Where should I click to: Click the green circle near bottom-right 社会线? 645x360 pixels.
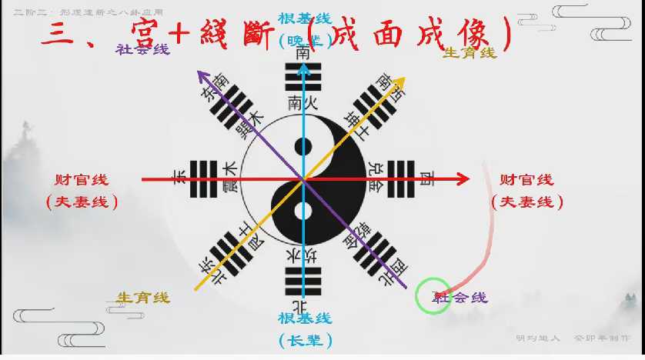432,297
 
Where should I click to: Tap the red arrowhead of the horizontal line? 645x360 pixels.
463,180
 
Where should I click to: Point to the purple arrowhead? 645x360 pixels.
202,74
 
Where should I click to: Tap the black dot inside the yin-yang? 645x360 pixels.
304,146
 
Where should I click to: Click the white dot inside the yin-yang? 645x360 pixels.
304,212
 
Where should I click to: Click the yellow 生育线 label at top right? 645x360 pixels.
471,52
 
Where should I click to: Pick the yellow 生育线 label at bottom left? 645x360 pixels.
143,298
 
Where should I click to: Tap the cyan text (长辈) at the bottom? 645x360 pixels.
305,338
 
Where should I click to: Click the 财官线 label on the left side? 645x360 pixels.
82,180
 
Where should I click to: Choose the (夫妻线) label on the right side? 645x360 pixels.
527,202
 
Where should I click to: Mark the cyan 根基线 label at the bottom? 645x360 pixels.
305,317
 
